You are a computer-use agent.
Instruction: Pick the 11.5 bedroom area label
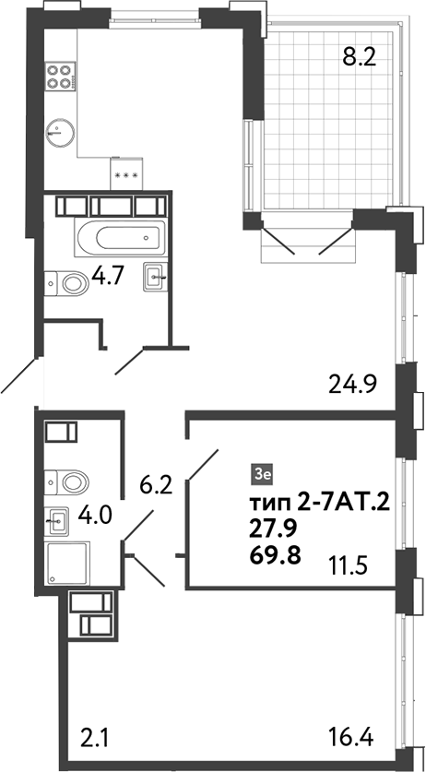pos(349,564)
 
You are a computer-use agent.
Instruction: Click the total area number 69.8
pos(273,554)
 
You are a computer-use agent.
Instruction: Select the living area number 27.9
pos(272,529)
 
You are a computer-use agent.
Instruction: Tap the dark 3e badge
pos(262,475)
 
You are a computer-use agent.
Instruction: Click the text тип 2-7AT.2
pos(321,502)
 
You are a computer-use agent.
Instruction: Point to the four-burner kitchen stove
pos(60,75)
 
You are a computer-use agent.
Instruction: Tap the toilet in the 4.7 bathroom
pos(66,282)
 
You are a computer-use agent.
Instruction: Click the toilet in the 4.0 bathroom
pos(68,481)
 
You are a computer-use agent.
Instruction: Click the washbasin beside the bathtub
pos(155,275)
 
